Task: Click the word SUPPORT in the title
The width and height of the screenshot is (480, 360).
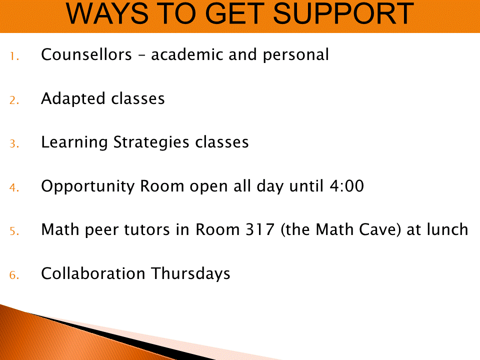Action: coord(343,13)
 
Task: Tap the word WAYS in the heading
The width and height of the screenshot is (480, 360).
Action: coord(107,13)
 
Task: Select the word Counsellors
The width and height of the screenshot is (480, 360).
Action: coord(86,54)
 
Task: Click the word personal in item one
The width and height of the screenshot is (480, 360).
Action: coord(296,55)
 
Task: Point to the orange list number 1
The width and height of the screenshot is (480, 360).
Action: coord(14,56)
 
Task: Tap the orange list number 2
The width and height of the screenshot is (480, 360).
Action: coord(14,100)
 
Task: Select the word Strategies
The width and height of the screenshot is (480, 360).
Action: coord(151,142)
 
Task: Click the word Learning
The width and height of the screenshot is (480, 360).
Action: coord(74,142)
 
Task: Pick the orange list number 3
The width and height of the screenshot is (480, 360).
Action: coord(14,144)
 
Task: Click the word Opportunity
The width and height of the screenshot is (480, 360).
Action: coord(88,186)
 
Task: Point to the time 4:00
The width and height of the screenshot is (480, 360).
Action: coord(347,186)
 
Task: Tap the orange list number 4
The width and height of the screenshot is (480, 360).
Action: coord(14,187)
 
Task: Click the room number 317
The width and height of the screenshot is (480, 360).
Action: coord(260,229)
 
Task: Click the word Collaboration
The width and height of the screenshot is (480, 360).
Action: coord(93,273)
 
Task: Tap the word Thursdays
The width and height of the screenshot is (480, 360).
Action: coord(190,273)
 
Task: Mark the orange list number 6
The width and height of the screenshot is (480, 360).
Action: coord(14,275)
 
